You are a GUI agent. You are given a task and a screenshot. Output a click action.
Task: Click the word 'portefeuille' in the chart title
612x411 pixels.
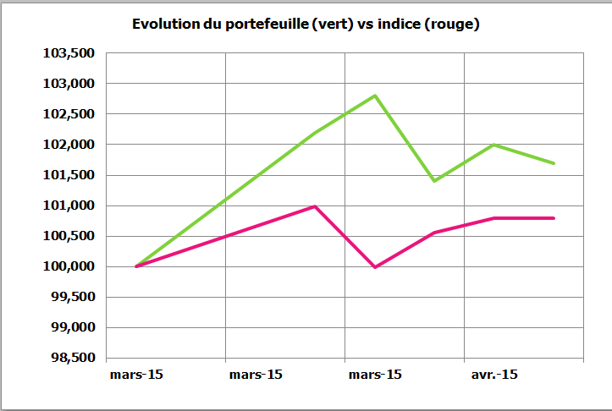pyautogui.click(x=267, y=25)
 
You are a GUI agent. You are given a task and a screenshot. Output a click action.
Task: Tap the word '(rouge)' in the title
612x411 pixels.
pyautogui.click(x=451, y=25)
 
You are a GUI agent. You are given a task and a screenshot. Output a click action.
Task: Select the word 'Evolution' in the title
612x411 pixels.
pyautogui.click(x=166, y=24)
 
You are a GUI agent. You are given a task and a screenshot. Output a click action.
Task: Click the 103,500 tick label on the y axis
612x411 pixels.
pyautogui.click(x=69, y=53)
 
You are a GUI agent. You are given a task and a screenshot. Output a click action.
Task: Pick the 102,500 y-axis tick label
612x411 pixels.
pyautogui.click(x=69, y=114)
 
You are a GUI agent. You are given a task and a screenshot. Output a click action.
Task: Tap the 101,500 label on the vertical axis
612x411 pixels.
pyautogui.click(x=69, y=175)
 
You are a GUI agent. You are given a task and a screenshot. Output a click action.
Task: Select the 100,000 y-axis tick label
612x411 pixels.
pyautogui.click(x=69, y=266)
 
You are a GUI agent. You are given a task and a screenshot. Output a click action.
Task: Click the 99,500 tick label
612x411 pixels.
pyautogui.click(x=73, y=297)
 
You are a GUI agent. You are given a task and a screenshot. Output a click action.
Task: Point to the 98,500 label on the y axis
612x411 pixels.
pyautogui.click(x=73, y=358)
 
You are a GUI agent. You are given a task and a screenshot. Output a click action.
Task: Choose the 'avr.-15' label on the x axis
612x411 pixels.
pyautogui.click(x=494, y=375)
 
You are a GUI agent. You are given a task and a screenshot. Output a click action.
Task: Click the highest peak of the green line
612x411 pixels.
pyautogui.click(x=375, y=96)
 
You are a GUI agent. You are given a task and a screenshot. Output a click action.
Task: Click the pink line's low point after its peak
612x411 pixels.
pyautogui.click(x=375, y=267)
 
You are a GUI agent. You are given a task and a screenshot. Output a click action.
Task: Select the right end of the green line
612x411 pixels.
pyautogui.click(x=554, y=163)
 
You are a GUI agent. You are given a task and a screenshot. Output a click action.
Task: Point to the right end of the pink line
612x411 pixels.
pyautogui.click(x=554, y=218)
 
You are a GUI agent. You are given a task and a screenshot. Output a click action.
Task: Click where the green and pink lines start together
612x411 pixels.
pyautogui.click(x=136, y=266)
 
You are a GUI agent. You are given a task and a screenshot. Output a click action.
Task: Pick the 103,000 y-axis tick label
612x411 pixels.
pyautogui.click(x=69, y=84)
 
